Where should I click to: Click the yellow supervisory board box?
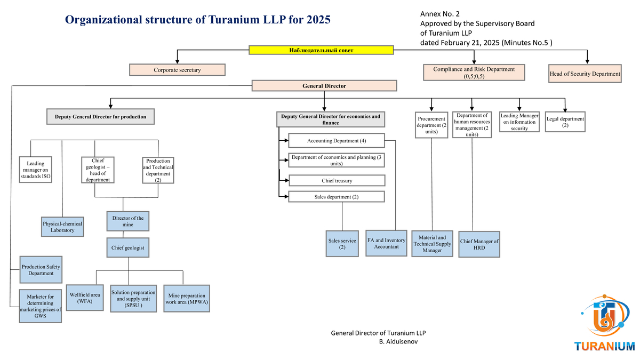pos(321,50)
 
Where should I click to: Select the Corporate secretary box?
pos(177,70)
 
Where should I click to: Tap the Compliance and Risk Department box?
pos(474,73)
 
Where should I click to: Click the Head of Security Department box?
pos(585,74)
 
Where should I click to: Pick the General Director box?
pos(324,86)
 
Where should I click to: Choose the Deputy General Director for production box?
pos(100,117)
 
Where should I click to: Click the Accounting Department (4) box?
pos(336,141)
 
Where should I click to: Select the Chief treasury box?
pos(336,181)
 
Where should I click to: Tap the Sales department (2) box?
pos(336,197)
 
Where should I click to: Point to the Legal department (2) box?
pos(565,122)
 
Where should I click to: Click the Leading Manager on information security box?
pos(519,122)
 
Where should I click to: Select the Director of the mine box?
pos(127,221)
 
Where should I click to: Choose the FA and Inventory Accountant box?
pos(386,243)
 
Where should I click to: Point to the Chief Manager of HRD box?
pos(479,244)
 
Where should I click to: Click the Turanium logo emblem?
pos(605,316)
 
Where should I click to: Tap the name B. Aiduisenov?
pos(398,341)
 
